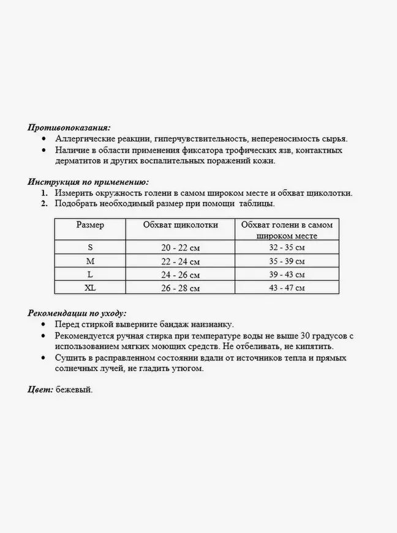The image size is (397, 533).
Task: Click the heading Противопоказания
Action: (69, 127)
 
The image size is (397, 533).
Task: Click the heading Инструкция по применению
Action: (88, 181)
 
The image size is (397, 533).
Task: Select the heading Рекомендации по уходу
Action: (77, 312)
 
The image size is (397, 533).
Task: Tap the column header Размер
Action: (90, 225)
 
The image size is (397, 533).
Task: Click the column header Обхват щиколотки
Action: (181, 225)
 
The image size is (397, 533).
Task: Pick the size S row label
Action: (91, 247)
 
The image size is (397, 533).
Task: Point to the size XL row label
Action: (91, 287)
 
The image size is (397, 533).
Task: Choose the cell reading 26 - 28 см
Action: (180, 288)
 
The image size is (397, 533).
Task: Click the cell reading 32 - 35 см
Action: (287, 247)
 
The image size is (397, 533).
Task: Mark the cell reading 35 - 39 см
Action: (287, 261)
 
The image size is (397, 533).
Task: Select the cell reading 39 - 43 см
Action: (287, 274)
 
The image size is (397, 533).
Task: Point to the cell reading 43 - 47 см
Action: (287, 288)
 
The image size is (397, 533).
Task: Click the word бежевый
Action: (74, 389)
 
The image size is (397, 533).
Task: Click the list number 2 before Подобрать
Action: (44, 204)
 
